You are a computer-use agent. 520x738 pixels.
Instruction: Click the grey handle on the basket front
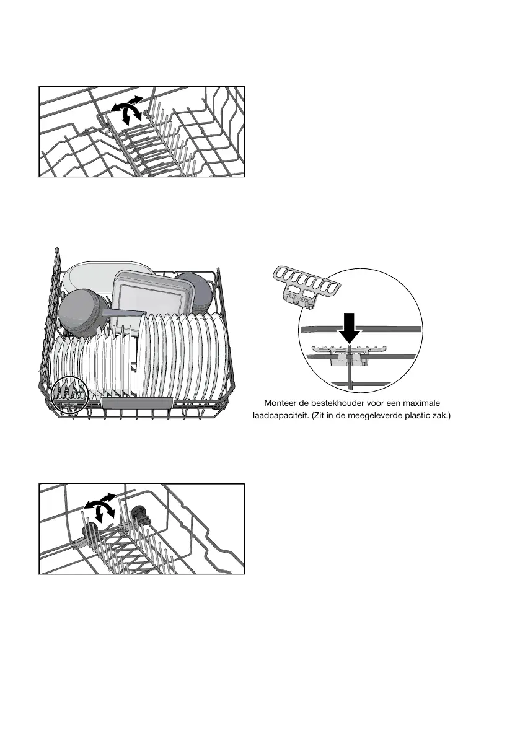[136, 403]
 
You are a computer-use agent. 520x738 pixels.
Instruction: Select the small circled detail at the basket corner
[69, 393]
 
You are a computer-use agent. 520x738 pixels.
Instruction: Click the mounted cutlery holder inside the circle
[347, 354]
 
